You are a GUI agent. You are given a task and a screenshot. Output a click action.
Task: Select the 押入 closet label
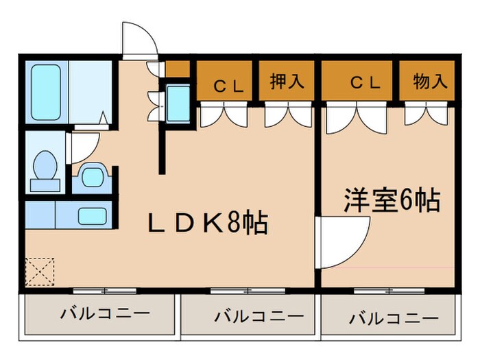click(286, 82)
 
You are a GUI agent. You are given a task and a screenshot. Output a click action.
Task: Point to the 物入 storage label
click(430, 82)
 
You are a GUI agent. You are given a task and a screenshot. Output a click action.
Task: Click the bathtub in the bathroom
click(47, 93)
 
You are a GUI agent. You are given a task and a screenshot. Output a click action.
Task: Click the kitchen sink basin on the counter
click(92, 216)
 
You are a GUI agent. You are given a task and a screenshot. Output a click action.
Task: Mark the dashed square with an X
click(38, 272)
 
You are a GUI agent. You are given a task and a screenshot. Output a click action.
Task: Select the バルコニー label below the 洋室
click(393, 319)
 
